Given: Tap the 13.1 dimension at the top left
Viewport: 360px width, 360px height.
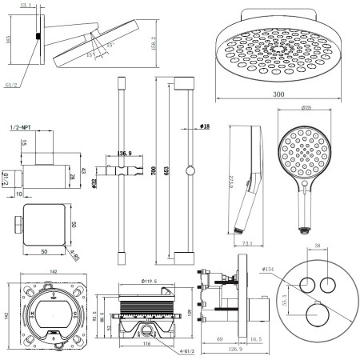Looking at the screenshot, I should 25,6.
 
